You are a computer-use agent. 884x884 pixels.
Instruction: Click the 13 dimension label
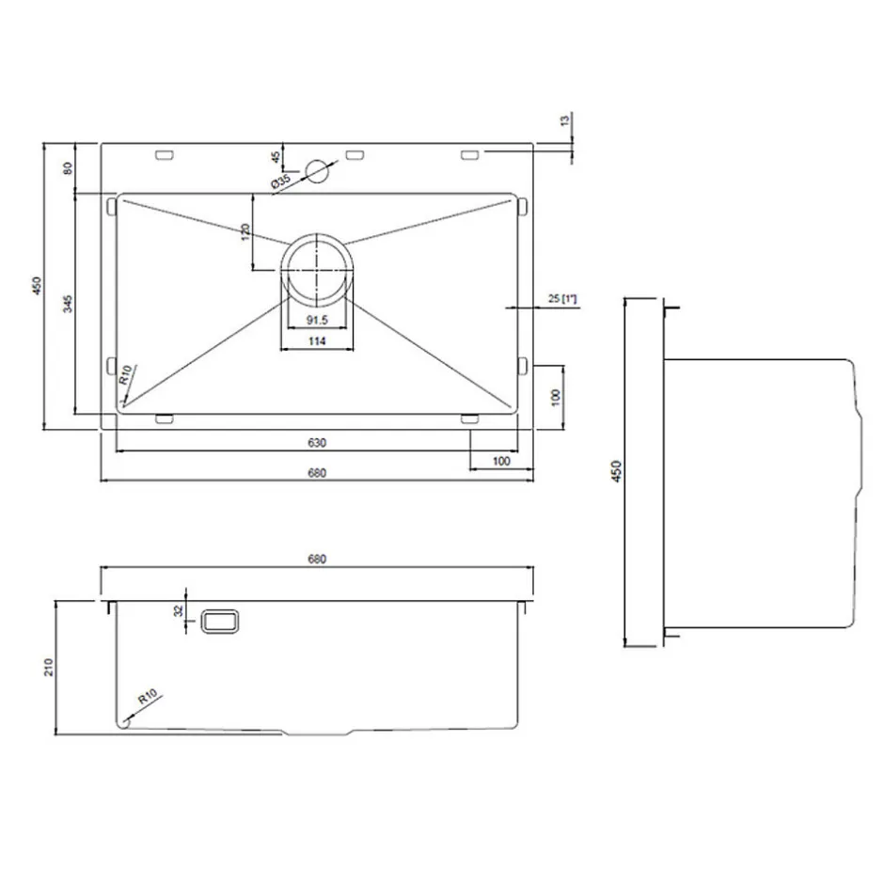(565, 119)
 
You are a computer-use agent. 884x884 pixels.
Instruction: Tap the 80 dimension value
(68, 168)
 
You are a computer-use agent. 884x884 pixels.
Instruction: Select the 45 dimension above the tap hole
(276, 157)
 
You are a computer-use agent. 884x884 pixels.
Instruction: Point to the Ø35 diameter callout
(281, 182)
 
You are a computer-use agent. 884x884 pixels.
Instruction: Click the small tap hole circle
(316, 171)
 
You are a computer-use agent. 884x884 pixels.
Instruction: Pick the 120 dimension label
(245, 232)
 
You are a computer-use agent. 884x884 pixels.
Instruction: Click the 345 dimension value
(68, 304)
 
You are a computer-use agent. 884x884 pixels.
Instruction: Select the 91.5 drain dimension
(317, 321)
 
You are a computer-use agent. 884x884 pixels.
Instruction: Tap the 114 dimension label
(317, 341)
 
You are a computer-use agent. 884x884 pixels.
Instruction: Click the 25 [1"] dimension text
(562, 298)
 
